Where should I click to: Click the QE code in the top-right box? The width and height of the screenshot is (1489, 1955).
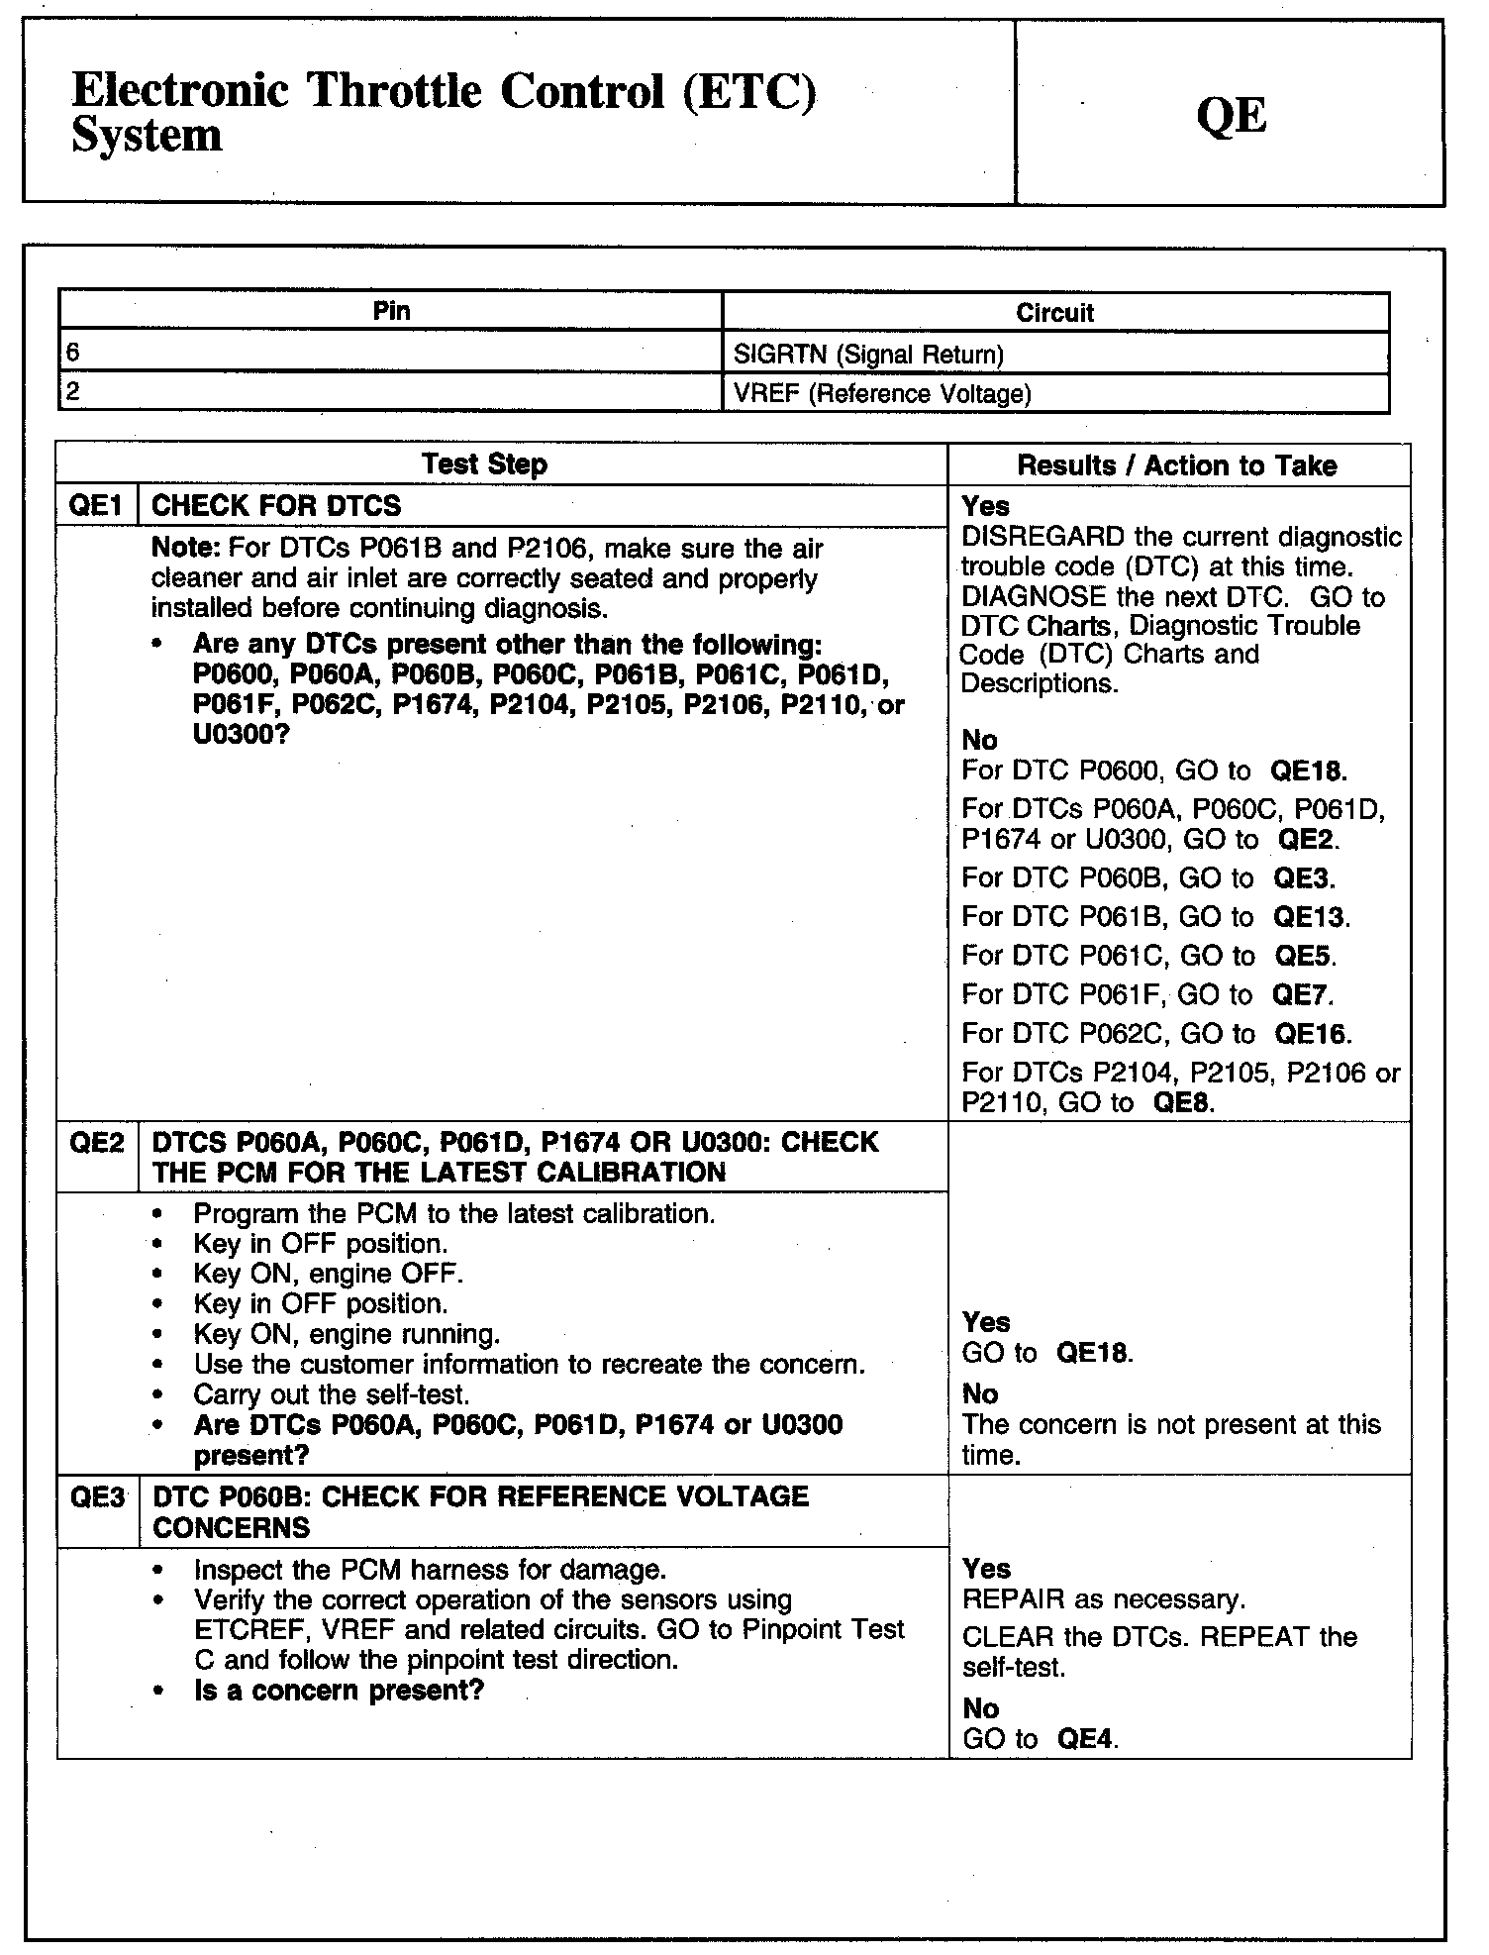pos(1232,116)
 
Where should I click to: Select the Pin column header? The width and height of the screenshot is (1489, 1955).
pos(391,311)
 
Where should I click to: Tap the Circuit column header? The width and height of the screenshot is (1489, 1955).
pos(1054,313)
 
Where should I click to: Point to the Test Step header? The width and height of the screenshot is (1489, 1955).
pos(484,464)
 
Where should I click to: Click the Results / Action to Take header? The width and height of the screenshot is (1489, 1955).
pos(1177,465)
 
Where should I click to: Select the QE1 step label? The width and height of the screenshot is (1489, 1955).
pos(96,506)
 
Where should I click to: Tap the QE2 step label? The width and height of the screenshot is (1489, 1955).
pos(97,1143)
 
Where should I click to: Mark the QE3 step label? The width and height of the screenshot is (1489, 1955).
pos(97,1496)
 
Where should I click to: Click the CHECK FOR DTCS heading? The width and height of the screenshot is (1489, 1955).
pos(276,506)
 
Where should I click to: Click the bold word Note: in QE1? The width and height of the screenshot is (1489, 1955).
pos(186,549)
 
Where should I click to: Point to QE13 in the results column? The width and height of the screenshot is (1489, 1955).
pos(1311,917)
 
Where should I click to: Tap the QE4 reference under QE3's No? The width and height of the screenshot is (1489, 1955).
pos(1086,1739)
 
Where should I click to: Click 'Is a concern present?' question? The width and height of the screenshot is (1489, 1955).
pos(339,1691)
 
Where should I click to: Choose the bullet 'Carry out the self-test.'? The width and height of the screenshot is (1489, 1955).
pos(332,1394)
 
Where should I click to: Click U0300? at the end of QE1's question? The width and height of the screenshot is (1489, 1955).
pos(241,736)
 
